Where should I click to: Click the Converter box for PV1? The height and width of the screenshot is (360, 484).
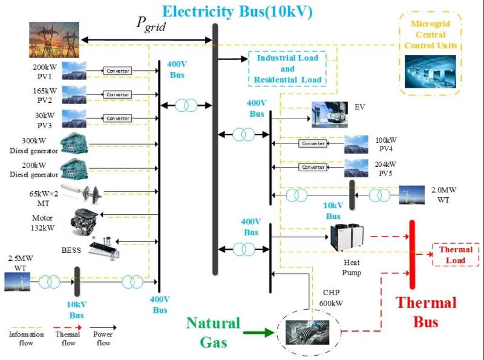pos(117,71)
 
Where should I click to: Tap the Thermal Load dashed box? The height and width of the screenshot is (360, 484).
pos(456,255)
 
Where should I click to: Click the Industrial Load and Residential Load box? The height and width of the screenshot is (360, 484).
pos(287,69)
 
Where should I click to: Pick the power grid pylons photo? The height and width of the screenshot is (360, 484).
pos(54,39)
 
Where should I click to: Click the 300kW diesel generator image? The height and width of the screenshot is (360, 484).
pos(76,145)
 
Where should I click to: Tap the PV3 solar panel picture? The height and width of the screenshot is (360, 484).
pos(74,118)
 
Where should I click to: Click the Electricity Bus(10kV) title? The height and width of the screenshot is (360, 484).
pos(243,10)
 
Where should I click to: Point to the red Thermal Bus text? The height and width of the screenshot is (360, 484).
pos(426,312)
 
